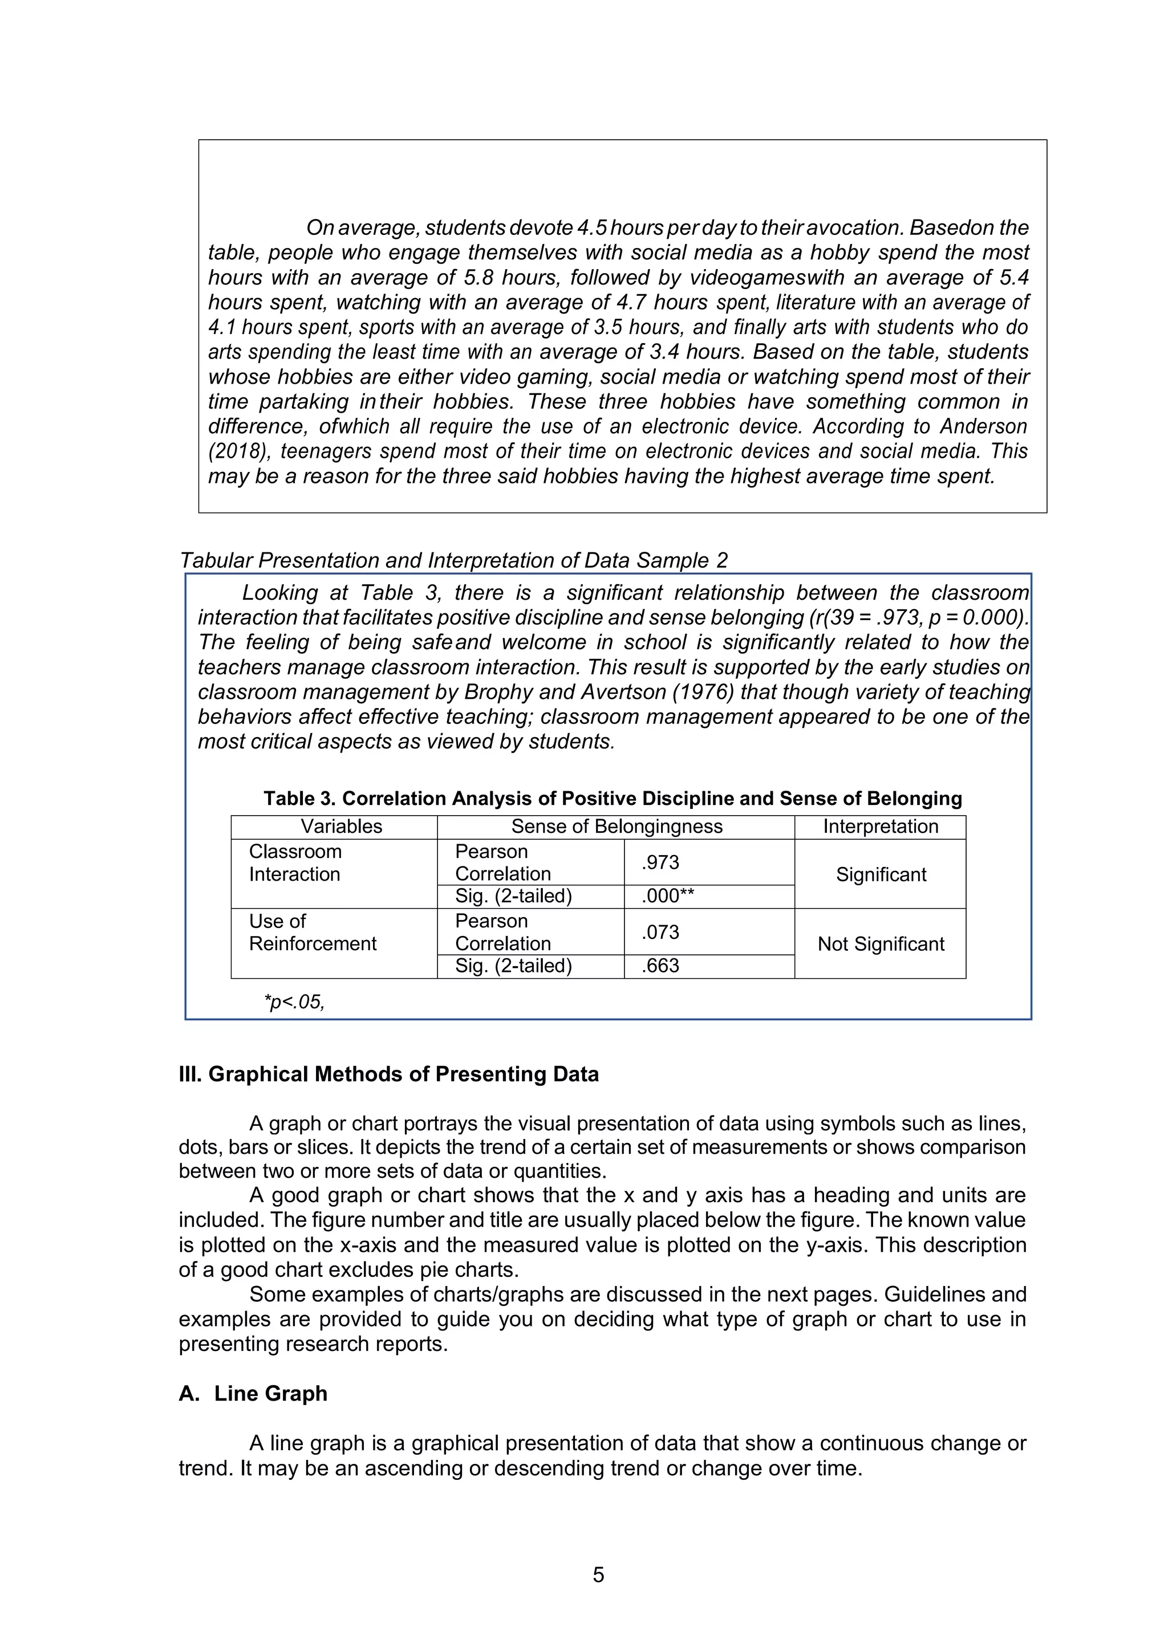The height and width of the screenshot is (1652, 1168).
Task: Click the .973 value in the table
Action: tap(660, 862)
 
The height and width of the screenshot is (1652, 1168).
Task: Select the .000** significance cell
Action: tap(668, 896)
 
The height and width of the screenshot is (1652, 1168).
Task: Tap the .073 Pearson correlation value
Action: tap(660, 932)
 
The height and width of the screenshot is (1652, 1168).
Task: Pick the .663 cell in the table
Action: tap(660, 966)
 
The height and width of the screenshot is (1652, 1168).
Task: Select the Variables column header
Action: tap(341, 826)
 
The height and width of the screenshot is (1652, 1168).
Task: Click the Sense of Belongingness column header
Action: tap(616, 826)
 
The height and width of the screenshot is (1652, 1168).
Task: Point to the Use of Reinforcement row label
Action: tap(313, 932)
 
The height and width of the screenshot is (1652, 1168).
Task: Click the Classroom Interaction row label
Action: tap(295, 862)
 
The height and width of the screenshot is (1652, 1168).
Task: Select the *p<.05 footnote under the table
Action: tap(294, 1002)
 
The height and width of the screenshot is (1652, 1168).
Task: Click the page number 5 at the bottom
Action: tap(598, 1575)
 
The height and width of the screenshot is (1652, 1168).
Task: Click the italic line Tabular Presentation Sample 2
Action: tap(453, 560)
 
